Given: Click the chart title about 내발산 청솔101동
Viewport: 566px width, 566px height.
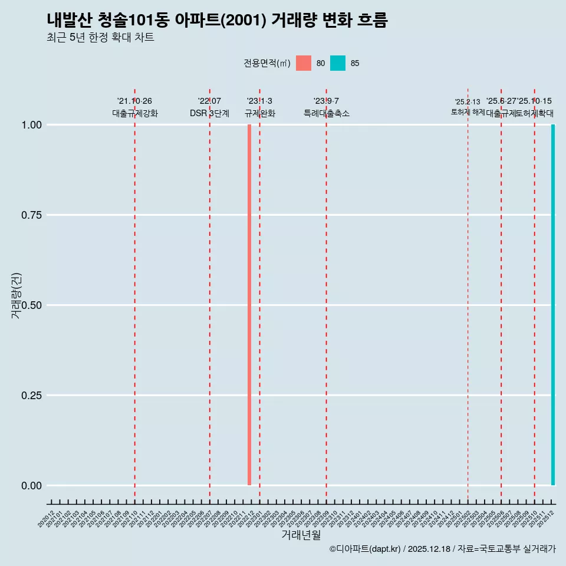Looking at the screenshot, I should [217, 20].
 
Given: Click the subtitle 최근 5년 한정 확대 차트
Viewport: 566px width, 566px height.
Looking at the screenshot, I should [100, 38].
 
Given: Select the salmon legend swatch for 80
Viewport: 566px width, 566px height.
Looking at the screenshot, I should [304, 63].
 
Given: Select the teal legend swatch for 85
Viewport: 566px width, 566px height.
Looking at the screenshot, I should [338, 63].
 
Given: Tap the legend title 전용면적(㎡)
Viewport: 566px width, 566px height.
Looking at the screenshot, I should [266, 63].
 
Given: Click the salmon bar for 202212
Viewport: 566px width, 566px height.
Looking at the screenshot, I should [249, 305].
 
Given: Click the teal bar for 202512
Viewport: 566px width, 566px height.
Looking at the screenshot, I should [553, 305].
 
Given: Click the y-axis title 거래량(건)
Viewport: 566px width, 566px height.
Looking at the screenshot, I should [16, 295].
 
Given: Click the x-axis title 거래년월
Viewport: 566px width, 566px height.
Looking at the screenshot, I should [301, 535].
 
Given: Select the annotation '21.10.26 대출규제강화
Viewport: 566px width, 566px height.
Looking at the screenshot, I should [135, 107].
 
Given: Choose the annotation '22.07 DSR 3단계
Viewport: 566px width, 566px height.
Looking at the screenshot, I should [209, 107].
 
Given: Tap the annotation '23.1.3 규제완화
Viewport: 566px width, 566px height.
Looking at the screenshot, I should [259, 107].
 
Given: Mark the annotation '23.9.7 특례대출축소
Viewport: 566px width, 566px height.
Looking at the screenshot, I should [326, 107].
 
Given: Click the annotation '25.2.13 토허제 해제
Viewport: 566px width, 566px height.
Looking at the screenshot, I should [468, 107].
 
